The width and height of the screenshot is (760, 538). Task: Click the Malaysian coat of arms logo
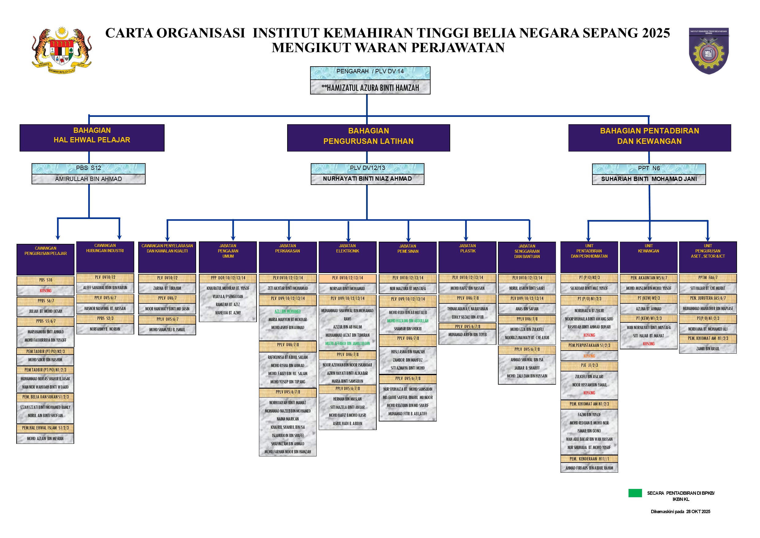point(62,50)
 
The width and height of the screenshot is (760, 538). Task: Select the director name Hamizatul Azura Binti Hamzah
point(370,88)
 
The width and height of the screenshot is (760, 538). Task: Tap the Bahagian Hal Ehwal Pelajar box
point(92,137)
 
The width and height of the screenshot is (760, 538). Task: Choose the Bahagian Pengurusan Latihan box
point(368,138)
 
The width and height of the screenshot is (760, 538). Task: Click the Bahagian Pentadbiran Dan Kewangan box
point(649,138)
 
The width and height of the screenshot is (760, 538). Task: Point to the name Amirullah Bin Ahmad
point(88,179)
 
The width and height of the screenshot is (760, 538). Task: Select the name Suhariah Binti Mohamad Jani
point(649,179)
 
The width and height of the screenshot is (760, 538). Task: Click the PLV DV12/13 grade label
point(367,168)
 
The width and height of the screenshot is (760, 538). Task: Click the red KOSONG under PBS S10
point(46,290)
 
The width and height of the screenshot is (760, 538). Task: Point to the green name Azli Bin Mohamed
point(288,311)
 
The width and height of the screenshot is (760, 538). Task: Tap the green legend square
point(635,493)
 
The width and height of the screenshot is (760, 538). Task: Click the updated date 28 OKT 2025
point(698,512)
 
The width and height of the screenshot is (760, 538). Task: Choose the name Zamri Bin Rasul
point(708,349)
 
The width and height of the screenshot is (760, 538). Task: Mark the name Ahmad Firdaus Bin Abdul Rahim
point(589,468)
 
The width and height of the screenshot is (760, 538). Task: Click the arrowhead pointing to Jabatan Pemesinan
point(408,239)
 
